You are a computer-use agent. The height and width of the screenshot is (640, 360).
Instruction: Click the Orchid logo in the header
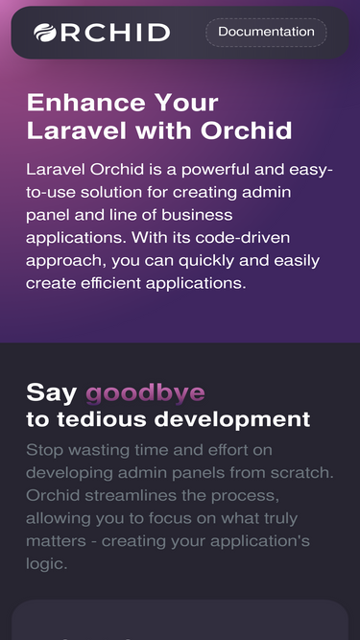click(102, 33)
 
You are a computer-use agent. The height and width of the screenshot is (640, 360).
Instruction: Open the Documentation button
click(266, 33)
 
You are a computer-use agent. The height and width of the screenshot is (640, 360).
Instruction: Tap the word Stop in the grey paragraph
click(44, 449)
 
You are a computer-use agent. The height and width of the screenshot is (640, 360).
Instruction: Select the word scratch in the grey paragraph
click(301, 472)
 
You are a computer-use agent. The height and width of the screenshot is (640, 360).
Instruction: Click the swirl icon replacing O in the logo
click(45, 33)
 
